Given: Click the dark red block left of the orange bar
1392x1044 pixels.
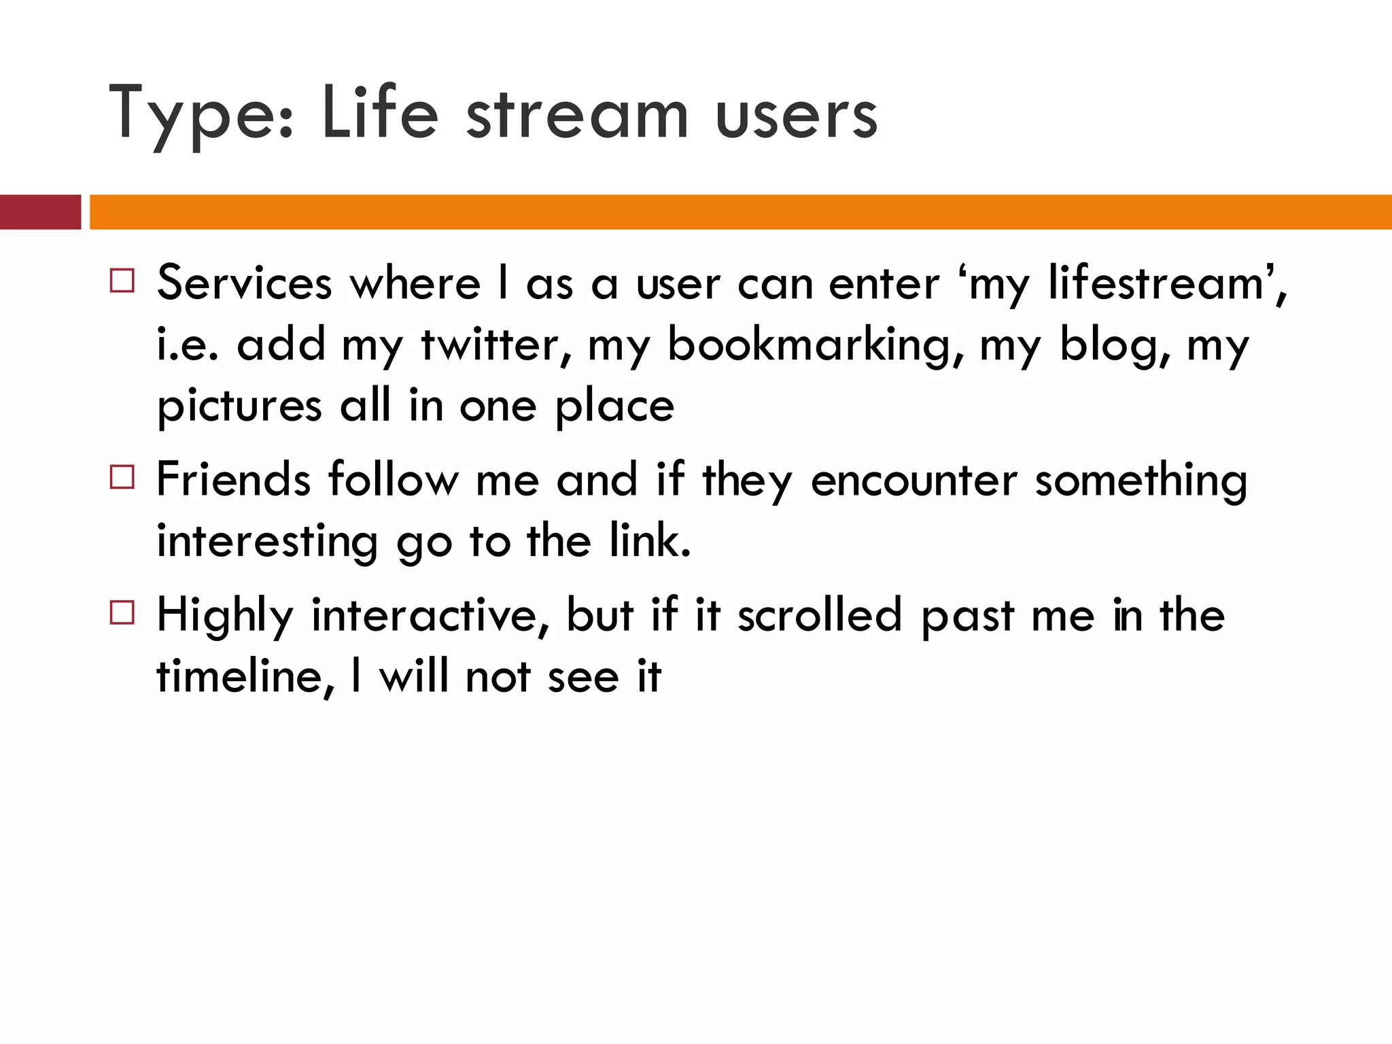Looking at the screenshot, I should (40, 212).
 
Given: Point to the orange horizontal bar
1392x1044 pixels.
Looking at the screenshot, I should (741, 212).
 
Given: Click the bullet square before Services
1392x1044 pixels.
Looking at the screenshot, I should (122, 281).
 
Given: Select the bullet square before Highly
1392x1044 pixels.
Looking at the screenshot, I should (122, 613).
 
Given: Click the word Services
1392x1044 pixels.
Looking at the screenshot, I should (245, 283).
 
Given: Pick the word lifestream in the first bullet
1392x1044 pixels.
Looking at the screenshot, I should (1155, 283).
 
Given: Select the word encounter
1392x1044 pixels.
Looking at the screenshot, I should (914, 480).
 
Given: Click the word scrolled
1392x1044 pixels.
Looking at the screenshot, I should (820, 616).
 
